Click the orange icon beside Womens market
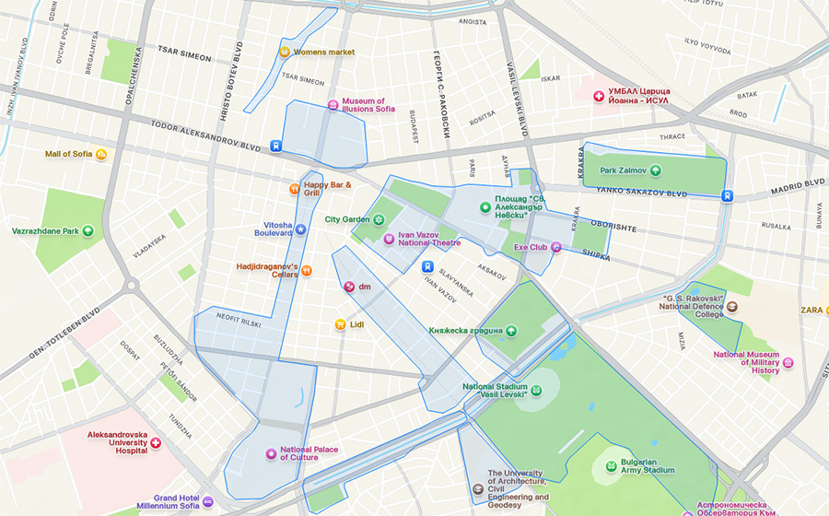(285, 53)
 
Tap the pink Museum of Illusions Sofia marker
(333, 105)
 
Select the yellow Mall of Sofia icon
(101, 154)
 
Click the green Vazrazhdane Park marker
(88, 230)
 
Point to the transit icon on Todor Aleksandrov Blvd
(275, 146)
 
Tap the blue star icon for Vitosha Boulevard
(300, 229)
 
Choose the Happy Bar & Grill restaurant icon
(294, 189)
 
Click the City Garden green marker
(378, 219)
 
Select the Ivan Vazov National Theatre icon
(389, 240)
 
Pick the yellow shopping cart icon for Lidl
(340, 324)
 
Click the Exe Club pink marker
(556, 247)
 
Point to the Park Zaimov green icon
(655, 170)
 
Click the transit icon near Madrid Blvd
(728, 195)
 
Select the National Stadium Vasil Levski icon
(536, 391)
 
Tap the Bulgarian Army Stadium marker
(611, 465)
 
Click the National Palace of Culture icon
(271, 453)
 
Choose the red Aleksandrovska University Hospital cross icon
(156, 443)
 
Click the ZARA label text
(811, 311)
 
